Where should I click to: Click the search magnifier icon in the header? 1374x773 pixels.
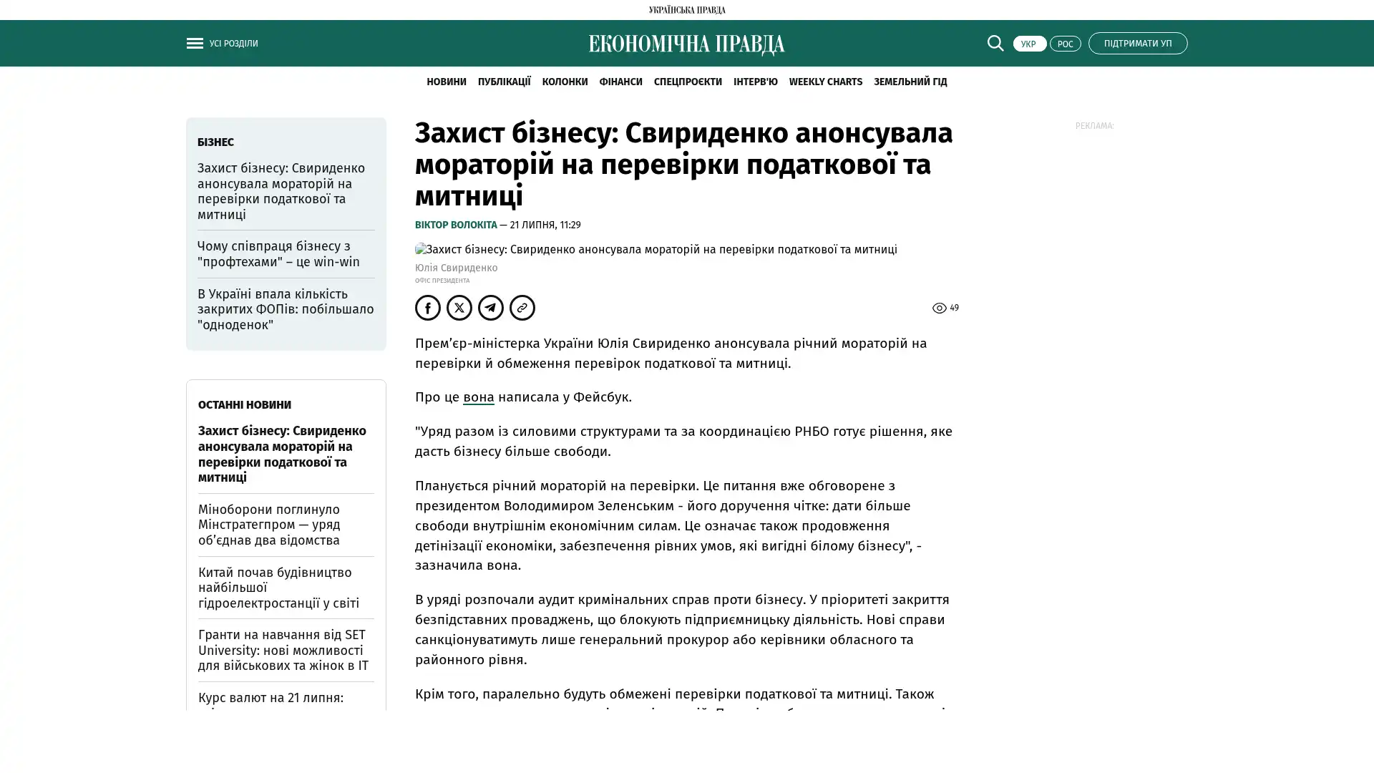pos(995,43)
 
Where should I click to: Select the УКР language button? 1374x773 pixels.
pos(1029,44)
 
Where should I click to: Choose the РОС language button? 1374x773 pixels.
pos(1065,44)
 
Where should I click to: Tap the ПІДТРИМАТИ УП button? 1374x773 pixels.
pos(1137,43)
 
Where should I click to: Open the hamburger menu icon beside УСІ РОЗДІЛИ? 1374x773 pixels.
pos(195,43)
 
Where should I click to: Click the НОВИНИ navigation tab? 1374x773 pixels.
pos(446,82)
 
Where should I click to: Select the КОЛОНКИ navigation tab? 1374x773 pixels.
pos(565,82)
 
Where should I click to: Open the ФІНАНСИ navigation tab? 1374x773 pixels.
pos(620,82)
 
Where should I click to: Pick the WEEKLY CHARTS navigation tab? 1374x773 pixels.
pos(825,82)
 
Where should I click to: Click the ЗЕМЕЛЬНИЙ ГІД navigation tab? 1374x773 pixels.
pos(910,82)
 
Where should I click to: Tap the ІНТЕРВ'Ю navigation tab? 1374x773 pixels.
pos(755,82)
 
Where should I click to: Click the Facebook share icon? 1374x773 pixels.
pos(428,308)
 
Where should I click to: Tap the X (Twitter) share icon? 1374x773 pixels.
pos(459,308)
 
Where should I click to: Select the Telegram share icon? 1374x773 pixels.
pos(491,308)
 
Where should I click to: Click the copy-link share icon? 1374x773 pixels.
pos(522,308)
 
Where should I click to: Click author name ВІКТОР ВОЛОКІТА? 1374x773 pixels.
pos(456,225)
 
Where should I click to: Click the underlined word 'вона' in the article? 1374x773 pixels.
pos(478,397)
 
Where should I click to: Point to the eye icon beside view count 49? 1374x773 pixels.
pos(939,308)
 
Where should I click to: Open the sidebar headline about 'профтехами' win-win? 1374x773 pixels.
pos(278,254)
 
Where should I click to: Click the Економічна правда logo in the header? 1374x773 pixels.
pos(686,44)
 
